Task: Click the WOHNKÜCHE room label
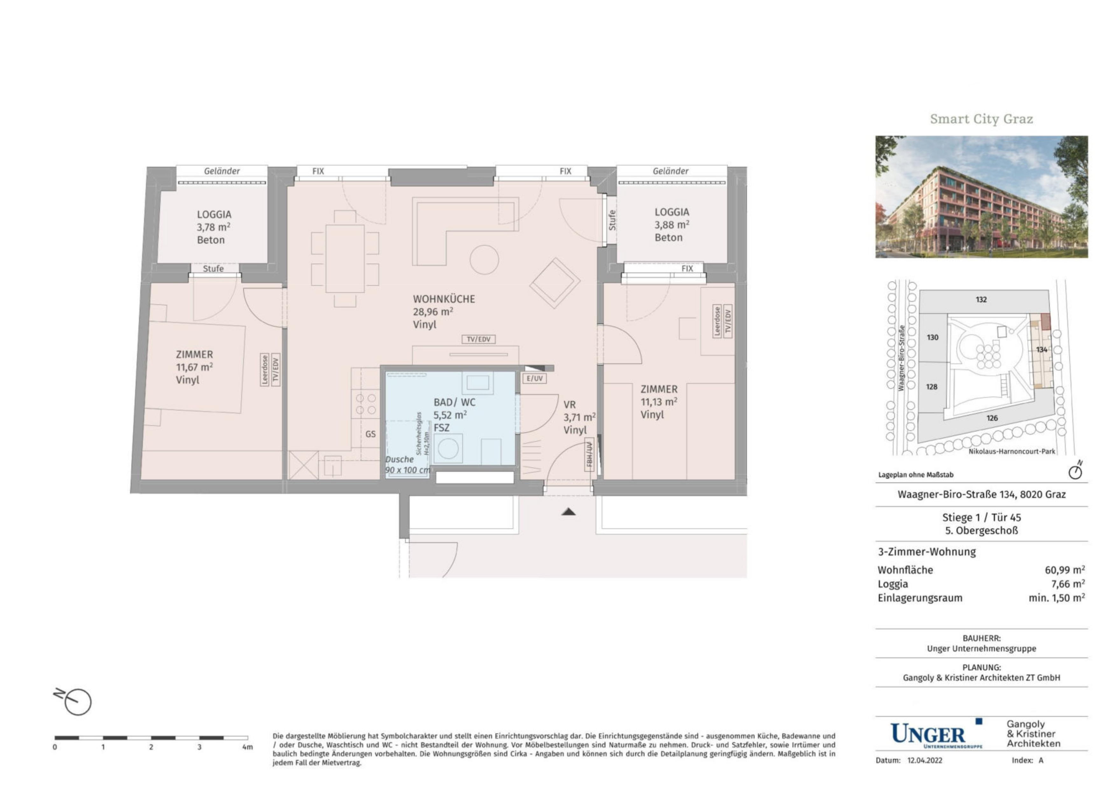tap(443, 299)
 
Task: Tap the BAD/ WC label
tap(454, 403)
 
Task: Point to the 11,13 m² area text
tap(659, 402)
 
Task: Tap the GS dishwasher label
tap(370, 434)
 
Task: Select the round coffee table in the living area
tap(484, 260)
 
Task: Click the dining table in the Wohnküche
tap(345, 259)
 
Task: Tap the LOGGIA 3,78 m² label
tap(214, 227)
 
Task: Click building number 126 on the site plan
tap(992, 418)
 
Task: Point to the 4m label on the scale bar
tap(247, 747)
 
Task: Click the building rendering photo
tap(982, 197)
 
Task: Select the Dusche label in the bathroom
tap(399, 459)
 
